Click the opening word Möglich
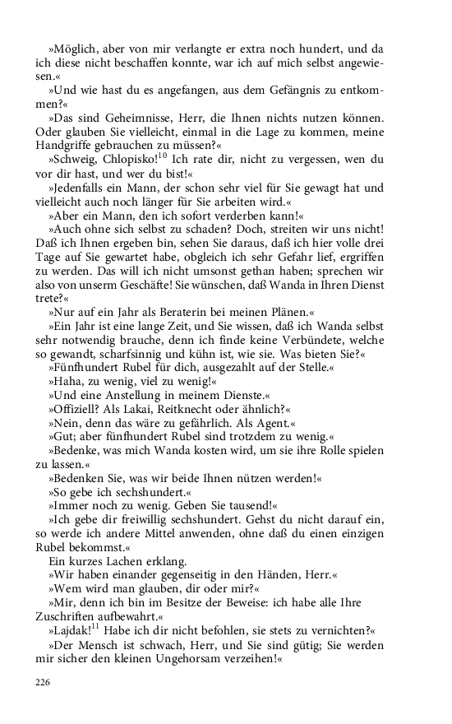point(76,50)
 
